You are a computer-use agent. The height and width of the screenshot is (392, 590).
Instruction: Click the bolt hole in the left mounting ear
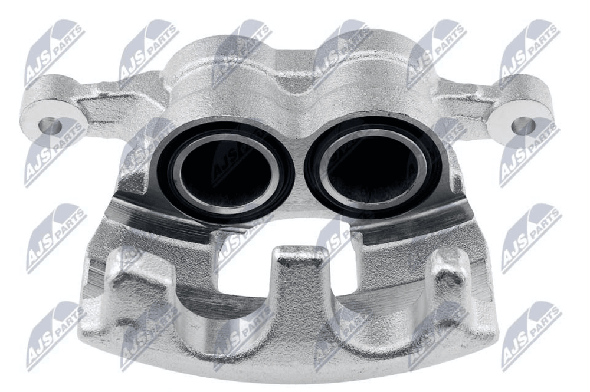(50, 125)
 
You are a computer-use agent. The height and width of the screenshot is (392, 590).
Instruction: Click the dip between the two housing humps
(297, 81)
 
